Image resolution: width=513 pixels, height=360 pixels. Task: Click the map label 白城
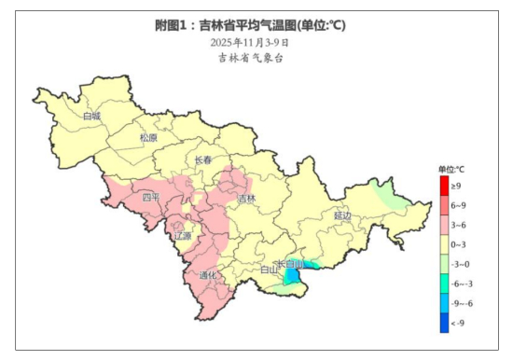tap(91, 117)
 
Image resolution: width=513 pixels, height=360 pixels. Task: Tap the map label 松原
tap(148, 137)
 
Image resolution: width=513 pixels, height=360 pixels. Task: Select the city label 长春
tap(203, 160)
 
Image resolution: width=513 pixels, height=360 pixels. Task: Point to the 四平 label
tap(151, 197)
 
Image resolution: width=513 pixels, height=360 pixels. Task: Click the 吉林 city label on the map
tap(246, 199)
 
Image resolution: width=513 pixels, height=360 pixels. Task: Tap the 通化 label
tap(208, 275)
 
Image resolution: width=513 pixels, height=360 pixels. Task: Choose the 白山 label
tap(268, 270)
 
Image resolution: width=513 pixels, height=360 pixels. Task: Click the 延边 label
tap(342, 215)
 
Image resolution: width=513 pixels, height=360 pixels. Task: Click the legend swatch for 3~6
tap(444, 225)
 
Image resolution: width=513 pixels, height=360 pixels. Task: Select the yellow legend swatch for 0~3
tap(444, 244)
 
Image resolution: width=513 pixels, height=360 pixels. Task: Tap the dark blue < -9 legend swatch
tap(444, 324)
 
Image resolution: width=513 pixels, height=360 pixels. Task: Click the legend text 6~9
tap(459, 205)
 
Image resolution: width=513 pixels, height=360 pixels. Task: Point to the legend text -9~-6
tap(461, 304)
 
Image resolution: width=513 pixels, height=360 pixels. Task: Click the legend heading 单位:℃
tap(451, 168)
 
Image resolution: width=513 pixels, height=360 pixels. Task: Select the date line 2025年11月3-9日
tap(249, 42)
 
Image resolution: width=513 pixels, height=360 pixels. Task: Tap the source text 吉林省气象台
tap(249, 58)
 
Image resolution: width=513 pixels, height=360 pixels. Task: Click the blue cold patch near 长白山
tap(293, 276)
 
